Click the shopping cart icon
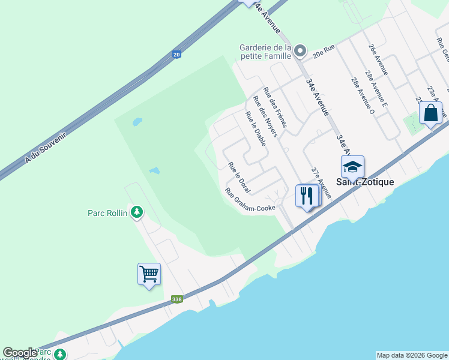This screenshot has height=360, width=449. coord(149,274)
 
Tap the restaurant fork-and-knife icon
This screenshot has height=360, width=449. coord(307,195)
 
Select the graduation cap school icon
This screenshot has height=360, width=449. coord(352,166)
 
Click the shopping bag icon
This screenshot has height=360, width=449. coord(430,113)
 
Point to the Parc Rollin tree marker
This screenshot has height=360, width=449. coord(137,212)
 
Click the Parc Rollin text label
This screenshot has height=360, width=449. coord(107,212)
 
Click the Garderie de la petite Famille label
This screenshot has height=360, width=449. coord(265,52)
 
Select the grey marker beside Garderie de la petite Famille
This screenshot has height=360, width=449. coord(301,52)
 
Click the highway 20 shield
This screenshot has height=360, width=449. coord(176,55)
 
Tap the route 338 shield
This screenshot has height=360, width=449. coord(176,299)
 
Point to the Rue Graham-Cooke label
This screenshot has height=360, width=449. coord(250,200)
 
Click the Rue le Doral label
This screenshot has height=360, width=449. coord(239,173)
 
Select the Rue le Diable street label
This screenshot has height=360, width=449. coord(256,128)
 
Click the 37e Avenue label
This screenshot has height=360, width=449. coord(321,182)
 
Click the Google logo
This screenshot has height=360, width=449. coord(20,353)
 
